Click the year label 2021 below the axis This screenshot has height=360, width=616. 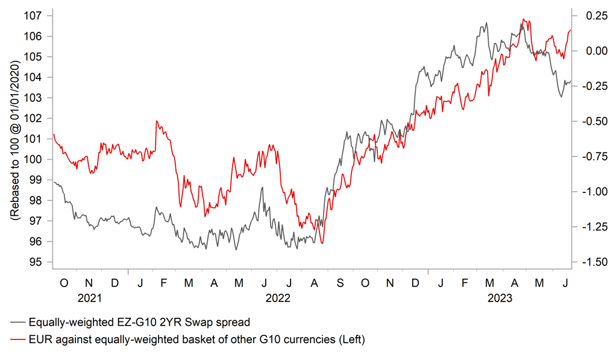tap(89, 298)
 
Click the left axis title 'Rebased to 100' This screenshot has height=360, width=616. tap(14, 139)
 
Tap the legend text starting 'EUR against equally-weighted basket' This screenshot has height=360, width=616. tap(196, 340)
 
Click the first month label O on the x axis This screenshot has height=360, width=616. tap(64, 283)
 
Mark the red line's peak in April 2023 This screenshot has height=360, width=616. tap(523, 19)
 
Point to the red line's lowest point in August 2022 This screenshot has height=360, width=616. tap(323, 243)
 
